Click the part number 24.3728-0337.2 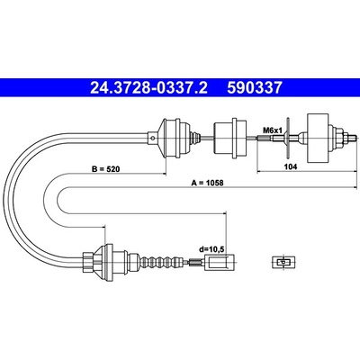[x=148, y=88]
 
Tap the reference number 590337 [x=255, y=88]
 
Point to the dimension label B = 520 [x=105, y=169]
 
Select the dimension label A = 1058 [x=208, y=183]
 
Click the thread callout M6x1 [x=273, y=130]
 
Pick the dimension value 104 [x=291, y=167]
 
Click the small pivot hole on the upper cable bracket [x=152, y=138]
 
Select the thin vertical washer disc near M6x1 [x=288, y=138]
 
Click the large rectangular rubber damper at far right [x=318, y=139]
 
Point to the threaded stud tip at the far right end [x=352, y=139]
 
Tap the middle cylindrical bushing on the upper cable [x=230, y=138]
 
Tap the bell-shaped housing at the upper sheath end [x=171, y=138]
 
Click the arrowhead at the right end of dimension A [x=355, y=186]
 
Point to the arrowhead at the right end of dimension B [x=164, y=173]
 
